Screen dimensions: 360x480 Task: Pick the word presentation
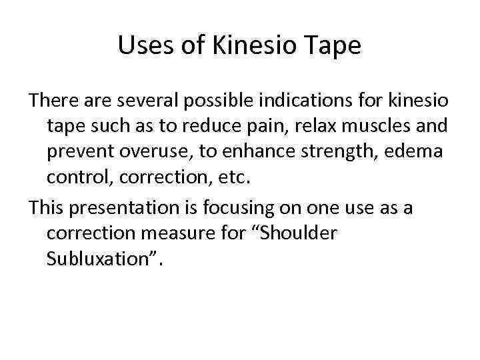click(132, 208)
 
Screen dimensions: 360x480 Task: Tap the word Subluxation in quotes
click(100, 258)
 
